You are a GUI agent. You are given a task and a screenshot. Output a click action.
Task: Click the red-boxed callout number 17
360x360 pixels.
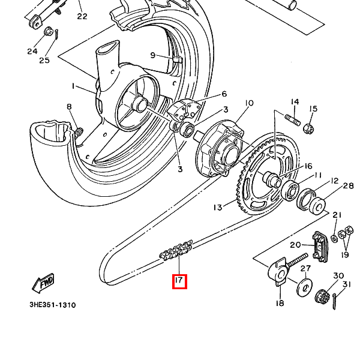click(x=179, y=281)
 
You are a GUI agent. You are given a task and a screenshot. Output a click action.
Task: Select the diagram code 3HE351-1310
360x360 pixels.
click(x=53, y=305)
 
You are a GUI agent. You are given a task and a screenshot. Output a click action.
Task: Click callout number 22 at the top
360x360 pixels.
click(x=82, y=16)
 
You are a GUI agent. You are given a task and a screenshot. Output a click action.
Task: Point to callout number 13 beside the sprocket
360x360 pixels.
click(x=218, y=208)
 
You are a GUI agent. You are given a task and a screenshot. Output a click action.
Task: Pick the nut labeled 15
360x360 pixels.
click(x=308, y=128)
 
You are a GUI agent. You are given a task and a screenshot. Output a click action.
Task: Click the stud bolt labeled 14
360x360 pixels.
click(x=293, y=120)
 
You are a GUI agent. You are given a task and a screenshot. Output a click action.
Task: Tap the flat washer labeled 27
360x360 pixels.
click(x=305, y=287)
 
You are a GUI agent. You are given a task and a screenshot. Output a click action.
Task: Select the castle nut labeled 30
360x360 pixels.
click(x=322, y=296)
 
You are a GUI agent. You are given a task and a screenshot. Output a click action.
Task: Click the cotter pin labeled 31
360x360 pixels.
click(x=335, y=301)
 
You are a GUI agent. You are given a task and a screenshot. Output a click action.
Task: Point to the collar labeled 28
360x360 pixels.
click(x=318, y=205)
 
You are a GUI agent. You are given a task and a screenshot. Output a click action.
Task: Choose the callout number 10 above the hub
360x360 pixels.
click(x=249, y=103)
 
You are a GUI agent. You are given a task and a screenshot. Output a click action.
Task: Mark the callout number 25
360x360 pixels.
click(x=44, y=61)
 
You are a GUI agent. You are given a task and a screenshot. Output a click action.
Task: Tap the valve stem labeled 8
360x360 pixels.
click(x=78, y=133)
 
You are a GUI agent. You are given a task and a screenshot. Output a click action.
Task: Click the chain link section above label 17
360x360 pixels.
click(x=176, y=250)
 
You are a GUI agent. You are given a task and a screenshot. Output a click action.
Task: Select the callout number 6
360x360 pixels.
click(x=224, y=94)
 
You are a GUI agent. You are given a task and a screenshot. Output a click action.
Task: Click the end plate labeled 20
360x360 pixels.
click(x=320, y=247)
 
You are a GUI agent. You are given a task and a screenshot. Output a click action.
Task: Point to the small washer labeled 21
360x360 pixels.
click(x=334, y=239)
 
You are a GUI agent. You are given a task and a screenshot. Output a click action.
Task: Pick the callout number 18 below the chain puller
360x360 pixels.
click(x=280, y=303)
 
